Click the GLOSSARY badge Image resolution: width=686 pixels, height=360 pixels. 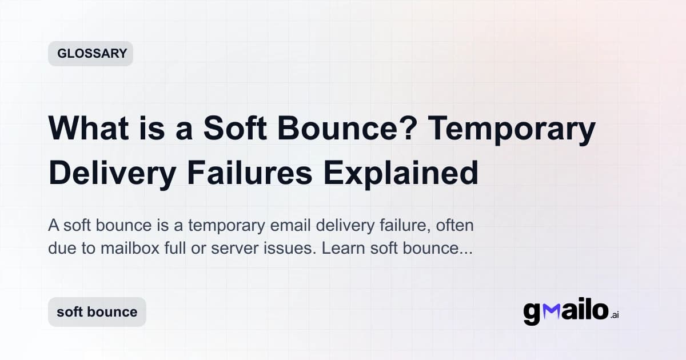(x=90, y=54)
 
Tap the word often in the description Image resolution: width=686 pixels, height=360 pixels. (x=455, y=226)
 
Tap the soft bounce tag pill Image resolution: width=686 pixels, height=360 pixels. (x=97, y=312)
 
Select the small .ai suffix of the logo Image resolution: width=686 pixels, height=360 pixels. (x=615, y=314)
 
